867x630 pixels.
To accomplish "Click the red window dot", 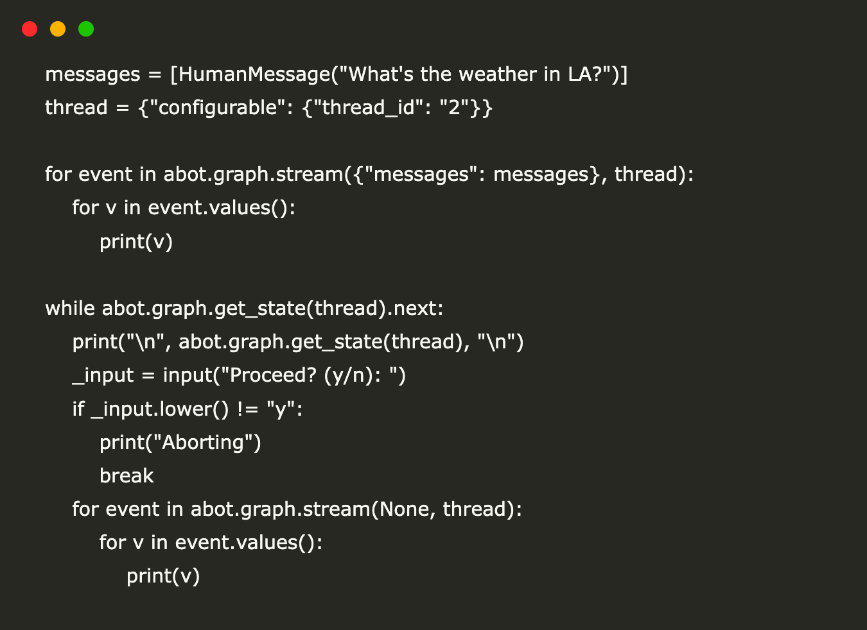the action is click(30, 29).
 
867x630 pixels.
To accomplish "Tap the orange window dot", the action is click(58, 29).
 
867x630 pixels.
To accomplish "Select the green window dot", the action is click(86, 29).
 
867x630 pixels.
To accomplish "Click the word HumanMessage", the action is click(254, 74).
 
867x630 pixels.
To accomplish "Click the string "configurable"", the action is click(218, 108).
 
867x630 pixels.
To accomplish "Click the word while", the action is click(70, 308).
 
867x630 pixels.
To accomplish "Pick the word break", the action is click(127, 475).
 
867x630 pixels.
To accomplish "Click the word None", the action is click(405, 509).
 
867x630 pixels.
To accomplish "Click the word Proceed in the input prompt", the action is click(273, 375).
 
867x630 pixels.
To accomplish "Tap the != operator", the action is click(248, 409).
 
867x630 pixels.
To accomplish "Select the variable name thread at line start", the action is click(76, 108).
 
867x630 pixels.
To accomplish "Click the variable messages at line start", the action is click(92, 74).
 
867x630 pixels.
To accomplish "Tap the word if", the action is click(78, 409).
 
